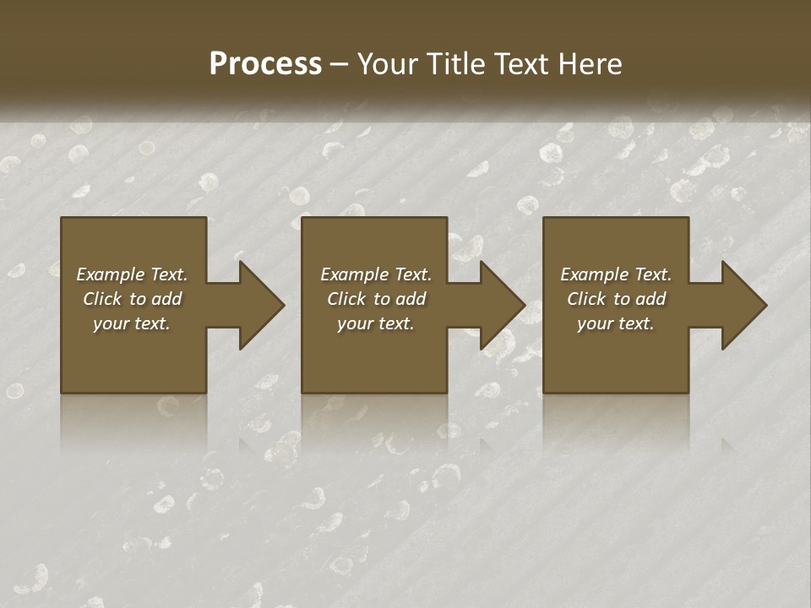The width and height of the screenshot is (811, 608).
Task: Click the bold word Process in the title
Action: pyautogui.click(x=265, y=64)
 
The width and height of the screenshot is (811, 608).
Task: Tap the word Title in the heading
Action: pyautogui.click(x=454, y=64)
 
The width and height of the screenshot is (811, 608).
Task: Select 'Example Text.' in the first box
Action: pyautogui.click(x=132, y=274)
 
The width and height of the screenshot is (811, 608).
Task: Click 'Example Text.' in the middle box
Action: pyautogui.click(x=376, y=274)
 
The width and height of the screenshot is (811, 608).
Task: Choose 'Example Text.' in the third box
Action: pyautogui.click(x=616, y=274)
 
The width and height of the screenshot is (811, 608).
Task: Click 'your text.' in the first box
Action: pyautogui.click(x=132, y=323)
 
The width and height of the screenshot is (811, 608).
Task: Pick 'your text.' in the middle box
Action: pyautogui.click(x=376, y=323)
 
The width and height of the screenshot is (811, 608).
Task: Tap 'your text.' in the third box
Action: pyautogui.click(x=616, y=323)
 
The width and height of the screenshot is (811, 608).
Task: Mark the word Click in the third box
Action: pyautogui.click(x=587, y=299)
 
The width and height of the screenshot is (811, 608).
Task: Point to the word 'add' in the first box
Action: pyautogui.click(x=166, y=299)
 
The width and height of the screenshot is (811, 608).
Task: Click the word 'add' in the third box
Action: pyautogui.click(x=650, y=299)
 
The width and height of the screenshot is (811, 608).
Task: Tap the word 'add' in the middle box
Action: pyautogui.click(x=410, y=299)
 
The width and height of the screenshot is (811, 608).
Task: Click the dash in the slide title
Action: pyautogui.click(x=339, y=65)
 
